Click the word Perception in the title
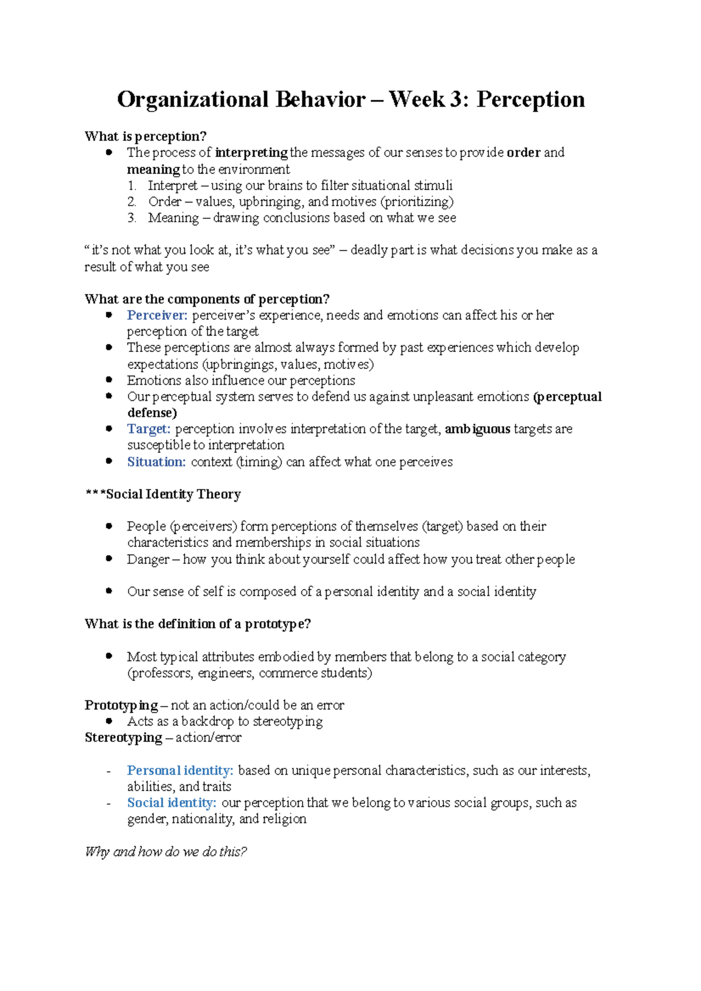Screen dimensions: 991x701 [530, 100]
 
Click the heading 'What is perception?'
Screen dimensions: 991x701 [145, 137]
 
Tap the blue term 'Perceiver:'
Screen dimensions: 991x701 [157, 315]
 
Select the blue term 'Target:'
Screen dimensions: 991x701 [148, 429]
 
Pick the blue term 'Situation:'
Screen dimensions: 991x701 [156, 462]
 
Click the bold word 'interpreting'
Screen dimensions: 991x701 [251, 153]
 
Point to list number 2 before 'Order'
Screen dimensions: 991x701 [132, 202]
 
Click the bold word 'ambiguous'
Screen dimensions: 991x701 [477, 429]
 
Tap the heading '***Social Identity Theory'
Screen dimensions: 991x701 [162, 494]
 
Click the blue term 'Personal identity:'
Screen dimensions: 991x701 [180, 770]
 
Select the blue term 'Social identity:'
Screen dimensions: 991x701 [172, 803]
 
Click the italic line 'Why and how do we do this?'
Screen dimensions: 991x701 [166, 852]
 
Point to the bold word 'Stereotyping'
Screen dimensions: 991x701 [123, 738]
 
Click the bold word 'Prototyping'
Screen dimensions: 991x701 [121, 705]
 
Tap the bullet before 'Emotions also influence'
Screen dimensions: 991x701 [109, 379]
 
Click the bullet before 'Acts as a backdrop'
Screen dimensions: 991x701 [109, 721]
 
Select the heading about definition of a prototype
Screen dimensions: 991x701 [197, 624]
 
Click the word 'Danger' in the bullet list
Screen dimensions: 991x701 [148, 559]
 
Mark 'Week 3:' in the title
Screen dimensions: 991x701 [428, 100]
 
